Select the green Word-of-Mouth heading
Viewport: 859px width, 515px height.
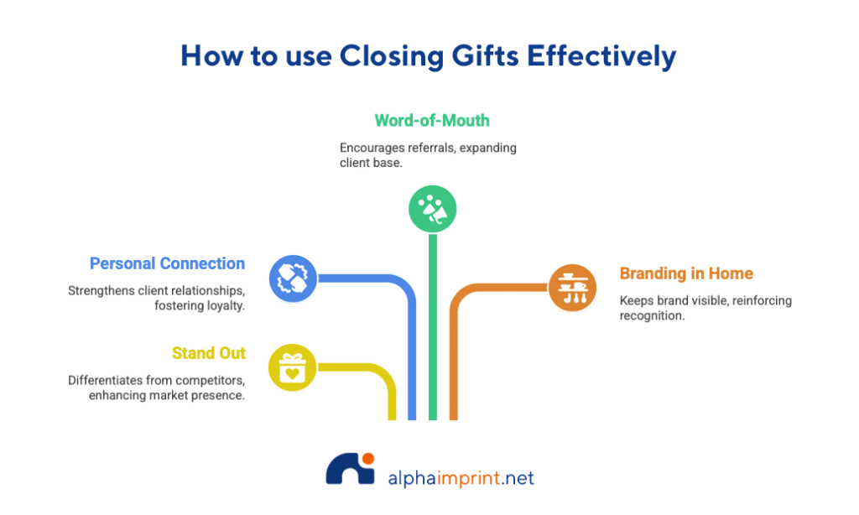click(431, 120)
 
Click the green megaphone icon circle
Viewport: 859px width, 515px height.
click(432, 208)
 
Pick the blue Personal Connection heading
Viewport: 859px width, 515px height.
click(168, 263)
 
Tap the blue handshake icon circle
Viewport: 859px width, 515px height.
click(293, 278)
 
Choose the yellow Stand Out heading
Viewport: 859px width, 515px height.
click(208, 352)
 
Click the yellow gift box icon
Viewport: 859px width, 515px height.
click(292, 367)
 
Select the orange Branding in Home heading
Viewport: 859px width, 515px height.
click(686, 273)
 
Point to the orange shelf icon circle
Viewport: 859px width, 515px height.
click(572, 287)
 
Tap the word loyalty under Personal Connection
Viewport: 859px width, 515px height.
click(223, 306)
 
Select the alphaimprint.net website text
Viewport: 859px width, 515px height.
click(461, 478)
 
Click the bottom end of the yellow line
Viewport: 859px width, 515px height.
click(391, 417)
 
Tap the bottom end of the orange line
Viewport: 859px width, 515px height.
click(453, 417)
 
